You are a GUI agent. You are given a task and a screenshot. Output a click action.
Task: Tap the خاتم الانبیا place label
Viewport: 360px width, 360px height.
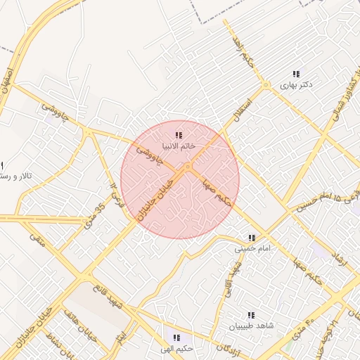click(179, 146)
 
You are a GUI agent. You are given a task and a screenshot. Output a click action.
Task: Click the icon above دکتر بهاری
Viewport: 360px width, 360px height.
click(296, 74)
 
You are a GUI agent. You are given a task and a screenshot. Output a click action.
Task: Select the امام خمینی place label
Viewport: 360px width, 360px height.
click(251, 248)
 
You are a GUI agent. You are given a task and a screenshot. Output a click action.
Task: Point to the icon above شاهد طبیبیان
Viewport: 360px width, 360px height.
click(251, 315)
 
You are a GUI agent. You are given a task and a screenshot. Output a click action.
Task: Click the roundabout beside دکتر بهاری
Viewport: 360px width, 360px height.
click(266, 86)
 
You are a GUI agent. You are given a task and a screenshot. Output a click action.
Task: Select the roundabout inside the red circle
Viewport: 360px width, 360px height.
click(188, 167)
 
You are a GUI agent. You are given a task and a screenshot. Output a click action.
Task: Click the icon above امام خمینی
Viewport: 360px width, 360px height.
click(251, 238)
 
